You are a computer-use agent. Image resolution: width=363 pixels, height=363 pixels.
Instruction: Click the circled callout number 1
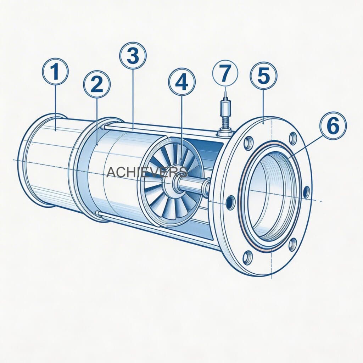(x=55, y=72)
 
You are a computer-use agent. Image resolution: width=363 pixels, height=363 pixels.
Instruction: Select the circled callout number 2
(x=97, y=84)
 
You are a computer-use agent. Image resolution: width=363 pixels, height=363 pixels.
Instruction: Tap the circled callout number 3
(x=133, y=55)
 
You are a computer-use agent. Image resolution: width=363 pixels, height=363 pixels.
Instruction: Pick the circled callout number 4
(x=181, y=82)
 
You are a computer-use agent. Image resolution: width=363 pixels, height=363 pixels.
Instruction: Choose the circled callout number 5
(x=263, y=75)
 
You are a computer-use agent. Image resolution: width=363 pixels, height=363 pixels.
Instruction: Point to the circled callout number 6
(x=332, y=126)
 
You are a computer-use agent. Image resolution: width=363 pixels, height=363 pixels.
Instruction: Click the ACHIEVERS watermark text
(x=147, y=172)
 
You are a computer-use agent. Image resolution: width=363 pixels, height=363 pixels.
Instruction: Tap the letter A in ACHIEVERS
(x=111, y=172)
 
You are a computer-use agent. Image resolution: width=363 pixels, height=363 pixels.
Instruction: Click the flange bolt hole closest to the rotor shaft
(x=230, y=202)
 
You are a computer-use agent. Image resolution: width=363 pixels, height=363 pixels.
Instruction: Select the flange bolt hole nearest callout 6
(x=293, y=138)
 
